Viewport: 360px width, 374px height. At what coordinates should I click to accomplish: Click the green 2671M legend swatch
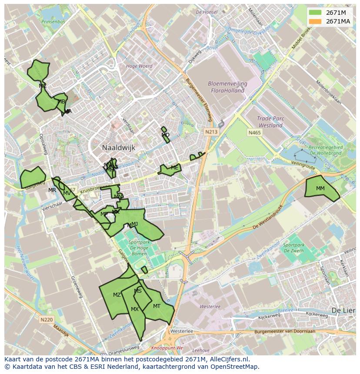pos(316,13)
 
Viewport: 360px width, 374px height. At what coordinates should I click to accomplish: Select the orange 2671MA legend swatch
pos(316,21)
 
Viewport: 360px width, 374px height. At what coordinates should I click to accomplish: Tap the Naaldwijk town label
pos(119,148)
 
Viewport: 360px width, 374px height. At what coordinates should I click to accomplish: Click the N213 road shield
pos(212,132)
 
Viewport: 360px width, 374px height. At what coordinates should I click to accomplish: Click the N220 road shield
pos(47,320)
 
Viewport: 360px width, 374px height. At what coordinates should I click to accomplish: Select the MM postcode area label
pos(320,189)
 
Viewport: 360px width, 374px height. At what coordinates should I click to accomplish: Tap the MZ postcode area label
pos(117,295)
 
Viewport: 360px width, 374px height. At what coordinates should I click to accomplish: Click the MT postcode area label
pos(157,306)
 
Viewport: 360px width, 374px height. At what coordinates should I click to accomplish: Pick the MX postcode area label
pos(135,309)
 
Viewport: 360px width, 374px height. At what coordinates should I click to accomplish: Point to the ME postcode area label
pos(175,168)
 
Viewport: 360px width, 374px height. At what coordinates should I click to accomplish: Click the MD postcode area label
pos(166,135)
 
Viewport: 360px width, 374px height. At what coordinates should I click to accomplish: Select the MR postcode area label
pos(52,190)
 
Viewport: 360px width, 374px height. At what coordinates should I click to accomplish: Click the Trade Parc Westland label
pos(270,122)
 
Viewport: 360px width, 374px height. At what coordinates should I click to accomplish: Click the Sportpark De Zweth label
pos(294,248)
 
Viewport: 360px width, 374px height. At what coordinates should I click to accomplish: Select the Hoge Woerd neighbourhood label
pos(139,66)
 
